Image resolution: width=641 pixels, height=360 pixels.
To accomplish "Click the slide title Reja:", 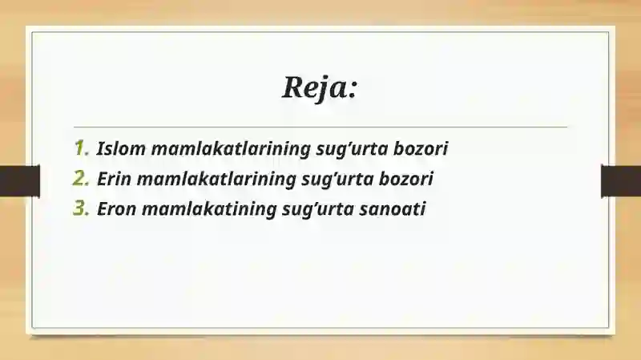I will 319,86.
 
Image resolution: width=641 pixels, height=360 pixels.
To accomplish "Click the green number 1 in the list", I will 81,148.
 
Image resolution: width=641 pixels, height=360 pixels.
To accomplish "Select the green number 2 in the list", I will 81,179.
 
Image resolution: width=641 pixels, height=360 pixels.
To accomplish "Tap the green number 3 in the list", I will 81,209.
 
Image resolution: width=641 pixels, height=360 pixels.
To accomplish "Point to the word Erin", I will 115,179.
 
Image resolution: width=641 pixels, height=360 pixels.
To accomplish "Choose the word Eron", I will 116,209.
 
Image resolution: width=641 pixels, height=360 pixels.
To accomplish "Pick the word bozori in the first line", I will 420,148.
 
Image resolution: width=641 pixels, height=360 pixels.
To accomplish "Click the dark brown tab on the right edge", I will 621,180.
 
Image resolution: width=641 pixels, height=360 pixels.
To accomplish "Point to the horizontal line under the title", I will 320,127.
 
